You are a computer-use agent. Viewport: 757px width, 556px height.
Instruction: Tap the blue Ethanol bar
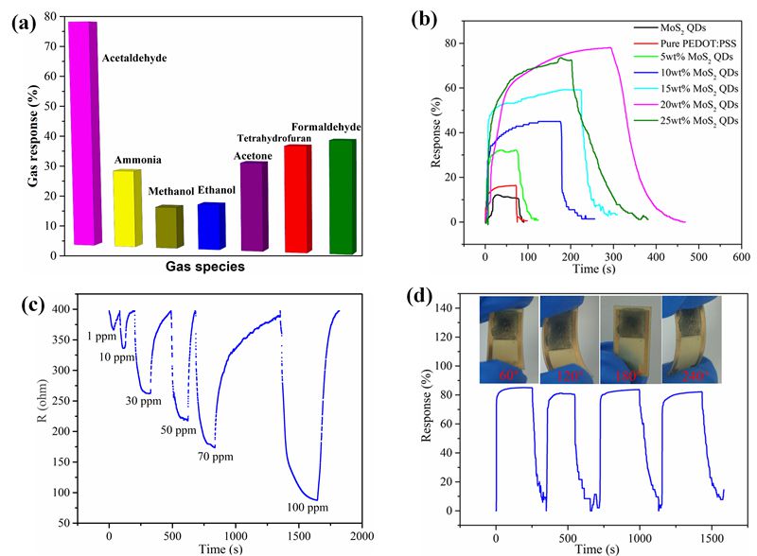click(210, 226)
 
